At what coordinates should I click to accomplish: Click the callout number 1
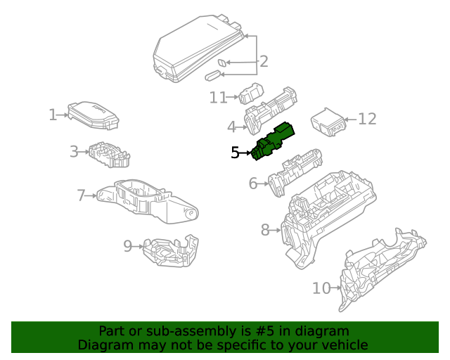coord(52,115)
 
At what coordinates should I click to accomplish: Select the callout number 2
coord(264,62)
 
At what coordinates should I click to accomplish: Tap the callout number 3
coord(73,151)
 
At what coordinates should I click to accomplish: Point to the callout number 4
coord(231,127)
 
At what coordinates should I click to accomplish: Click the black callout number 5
coord(236,152)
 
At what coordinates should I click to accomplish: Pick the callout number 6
coord(253,184)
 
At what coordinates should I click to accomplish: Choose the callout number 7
coord(81,195)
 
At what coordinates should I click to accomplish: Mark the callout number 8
coord(265,229)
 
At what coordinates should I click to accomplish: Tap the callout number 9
coord(128,246)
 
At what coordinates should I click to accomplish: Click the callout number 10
coord(321,288)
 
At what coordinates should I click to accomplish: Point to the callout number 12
coord(368,120)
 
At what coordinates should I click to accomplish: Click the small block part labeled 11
coord(250,94)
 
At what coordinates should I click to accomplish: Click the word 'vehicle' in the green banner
coord(342,345)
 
